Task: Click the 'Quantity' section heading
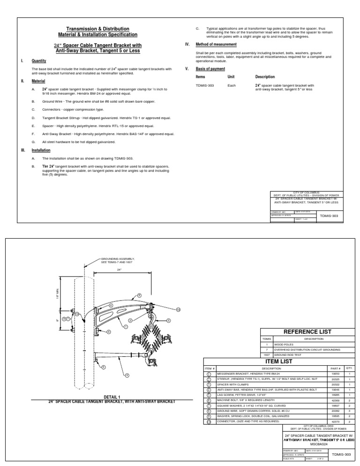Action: tap(39, 61)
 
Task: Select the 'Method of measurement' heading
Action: tap(216, 45)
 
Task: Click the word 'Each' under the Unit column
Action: tap(231, 86)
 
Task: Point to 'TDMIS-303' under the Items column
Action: tap(204, 86)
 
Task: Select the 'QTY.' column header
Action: tap(349, 368)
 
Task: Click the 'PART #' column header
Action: tap(336, 368)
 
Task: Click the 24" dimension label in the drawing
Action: tap(120, 270)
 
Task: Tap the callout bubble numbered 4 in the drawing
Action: tap(127, 375)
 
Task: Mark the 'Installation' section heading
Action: tap(41, 150)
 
